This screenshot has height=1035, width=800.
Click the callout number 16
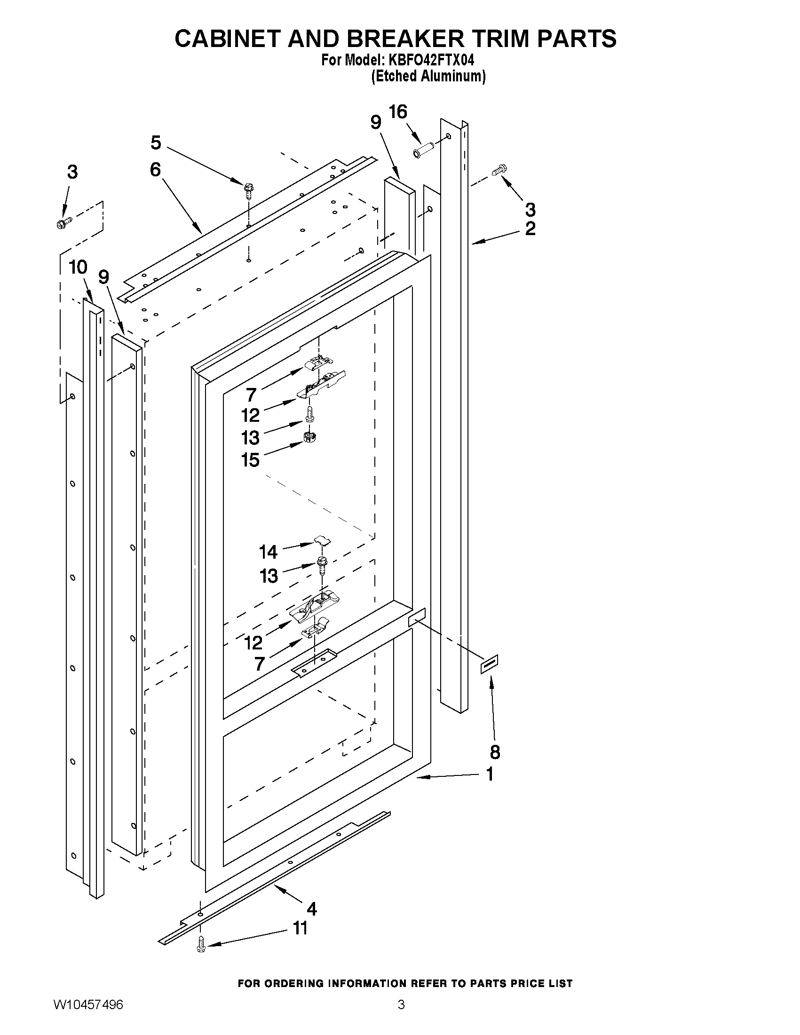[x=397, y=112]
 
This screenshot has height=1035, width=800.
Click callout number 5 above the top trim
[x=156, y=142]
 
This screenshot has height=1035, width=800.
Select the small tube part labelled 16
[x=424, y=148]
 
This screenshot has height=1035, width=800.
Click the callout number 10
[x=78, y=267]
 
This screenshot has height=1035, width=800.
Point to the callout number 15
[x=250, y=460]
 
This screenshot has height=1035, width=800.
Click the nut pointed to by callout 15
[x=309, y=436]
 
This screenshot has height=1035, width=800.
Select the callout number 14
[x=268, y=552]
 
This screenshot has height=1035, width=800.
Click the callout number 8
[x=495, y=751]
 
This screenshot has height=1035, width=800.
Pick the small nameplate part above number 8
[x=490, y=664]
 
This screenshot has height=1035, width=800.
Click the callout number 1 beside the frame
[x=490, y=774]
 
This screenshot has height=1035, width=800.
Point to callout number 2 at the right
[x=530, y=229]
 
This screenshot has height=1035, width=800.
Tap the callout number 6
[x=156, y=170]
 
